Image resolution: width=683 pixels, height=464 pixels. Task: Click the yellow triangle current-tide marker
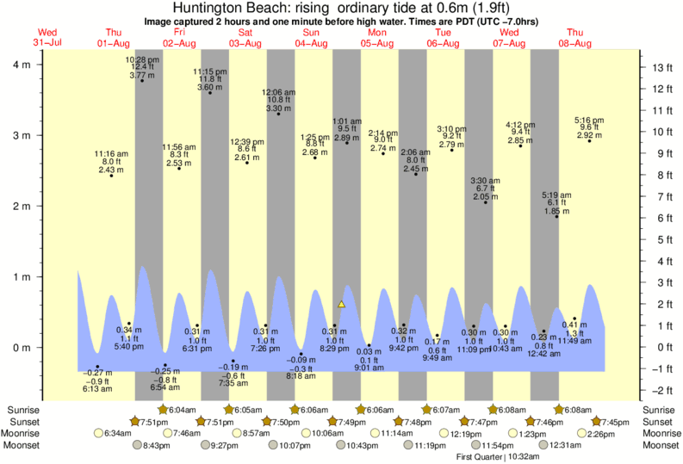342,304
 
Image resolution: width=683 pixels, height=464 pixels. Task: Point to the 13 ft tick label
661,68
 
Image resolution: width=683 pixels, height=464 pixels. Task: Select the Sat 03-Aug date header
245,38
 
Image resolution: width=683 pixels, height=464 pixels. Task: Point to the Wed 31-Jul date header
52,38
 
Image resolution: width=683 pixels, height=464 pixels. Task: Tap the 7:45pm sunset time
606,421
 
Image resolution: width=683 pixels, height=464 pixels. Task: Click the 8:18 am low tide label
308,376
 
